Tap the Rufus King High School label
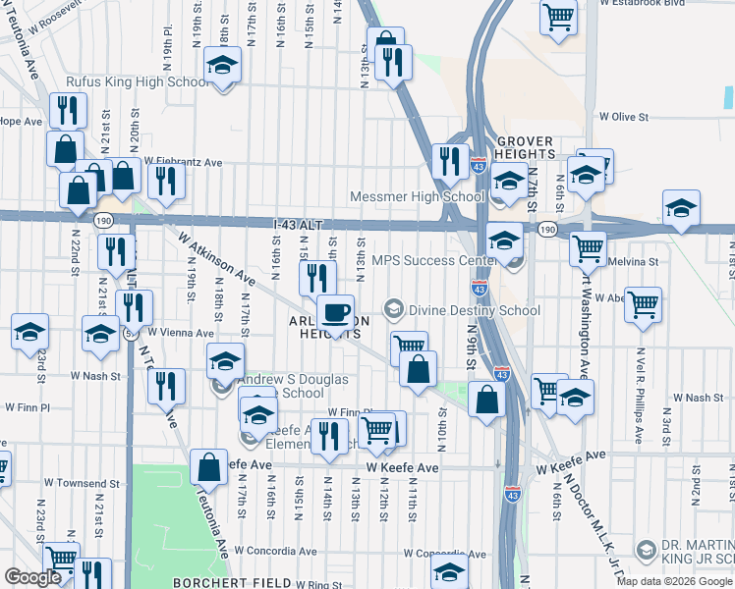click(x=136, y=83)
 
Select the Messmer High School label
click(x=424, y=197)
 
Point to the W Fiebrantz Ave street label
click(x=184, y=162)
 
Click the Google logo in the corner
click(x=32, y=577)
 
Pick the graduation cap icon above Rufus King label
click(x=223, y=67)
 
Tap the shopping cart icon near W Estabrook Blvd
click(x=557, y=17)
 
